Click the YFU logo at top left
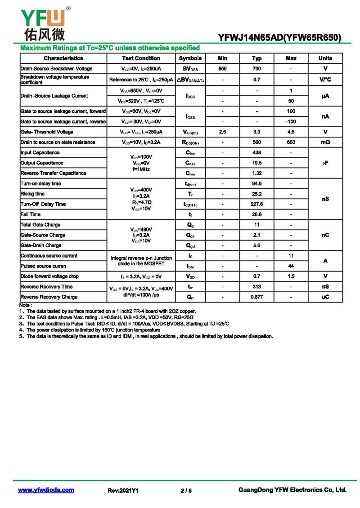(43, 22)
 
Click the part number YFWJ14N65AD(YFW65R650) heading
(279, 38)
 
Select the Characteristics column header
(63, 58)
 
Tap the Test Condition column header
(141, 58)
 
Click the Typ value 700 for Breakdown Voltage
(257, 69)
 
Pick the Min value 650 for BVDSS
(222, 69)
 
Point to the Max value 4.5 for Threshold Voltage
(291, 132)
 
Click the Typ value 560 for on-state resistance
(257, 143)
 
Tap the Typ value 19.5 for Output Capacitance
(257, 163)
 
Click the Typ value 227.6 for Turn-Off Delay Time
(257, 204)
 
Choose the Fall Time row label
(31, 214)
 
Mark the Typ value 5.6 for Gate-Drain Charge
(257, 245)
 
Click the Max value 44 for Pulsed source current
(291, 266)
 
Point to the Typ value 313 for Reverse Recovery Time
(257, 287)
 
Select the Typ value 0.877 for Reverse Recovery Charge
(257, 297)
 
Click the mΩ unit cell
(325, 143)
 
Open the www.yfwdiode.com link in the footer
(46, 490)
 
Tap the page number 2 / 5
(186, 490)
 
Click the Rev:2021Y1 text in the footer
(123, 490)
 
